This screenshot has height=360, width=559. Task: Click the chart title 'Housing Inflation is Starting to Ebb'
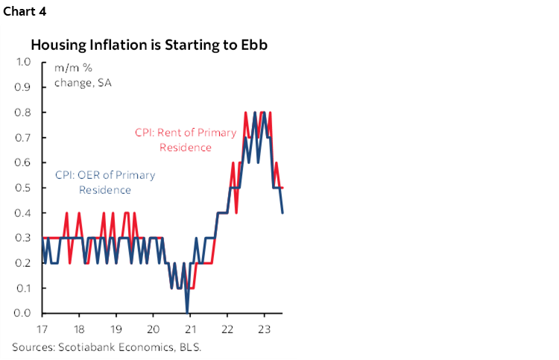tap(149, 44)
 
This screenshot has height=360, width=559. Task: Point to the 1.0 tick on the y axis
tap(22, 63)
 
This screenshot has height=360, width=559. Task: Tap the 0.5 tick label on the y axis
tap(22, 188)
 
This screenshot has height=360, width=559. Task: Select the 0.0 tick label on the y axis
tap(22, 313)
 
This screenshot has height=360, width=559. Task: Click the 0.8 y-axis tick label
tap(22, 113)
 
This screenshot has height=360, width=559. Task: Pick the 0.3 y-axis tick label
tap(22, 238)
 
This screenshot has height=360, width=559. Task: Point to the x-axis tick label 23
tap(262, 329)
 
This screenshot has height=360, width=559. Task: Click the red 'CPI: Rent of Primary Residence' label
tap(185, 139)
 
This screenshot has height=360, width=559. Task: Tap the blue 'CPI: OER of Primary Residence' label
tap(105, 182)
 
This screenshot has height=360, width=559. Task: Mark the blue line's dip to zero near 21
tap(187, 312)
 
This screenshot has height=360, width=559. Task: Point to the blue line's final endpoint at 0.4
tap(282, 212)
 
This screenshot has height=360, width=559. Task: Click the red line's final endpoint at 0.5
tap(282, 188)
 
